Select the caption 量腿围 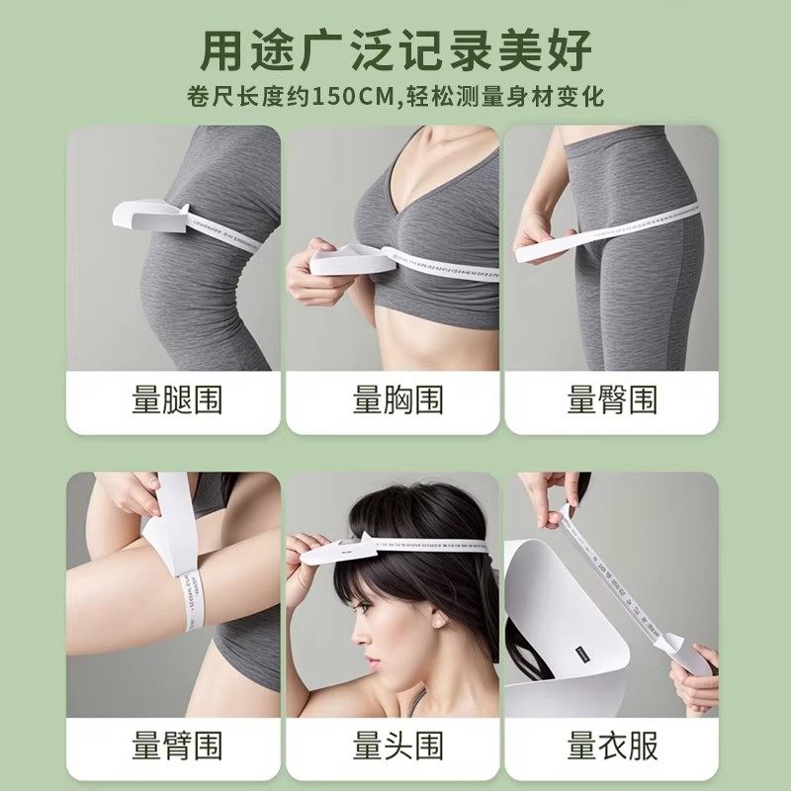[x=177, y=399]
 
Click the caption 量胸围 [x=397, y=399]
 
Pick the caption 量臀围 [x=612, y=399]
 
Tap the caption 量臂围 [x=177, y=745]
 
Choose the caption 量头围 [x=397, y=745]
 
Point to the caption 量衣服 [x=612, y=745]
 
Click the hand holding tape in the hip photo [x=539, y=237]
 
